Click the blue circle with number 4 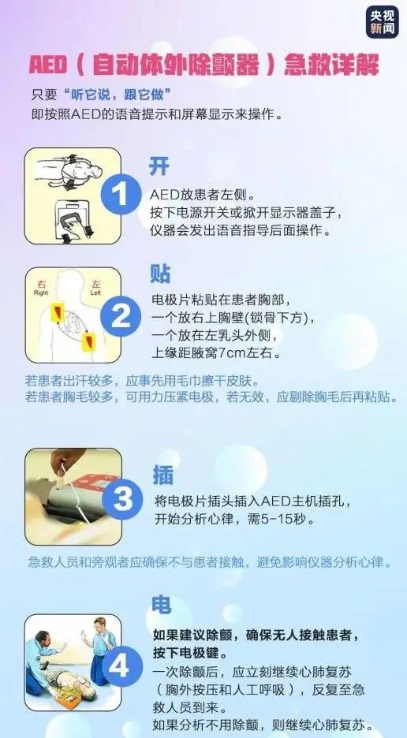(119, 666)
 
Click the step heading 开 (159, 166)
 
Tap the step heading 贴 (160, 273)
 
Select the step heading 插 (162, 474)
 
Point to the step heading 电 (160, 605)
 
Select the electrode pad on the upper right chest (56, 314)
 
